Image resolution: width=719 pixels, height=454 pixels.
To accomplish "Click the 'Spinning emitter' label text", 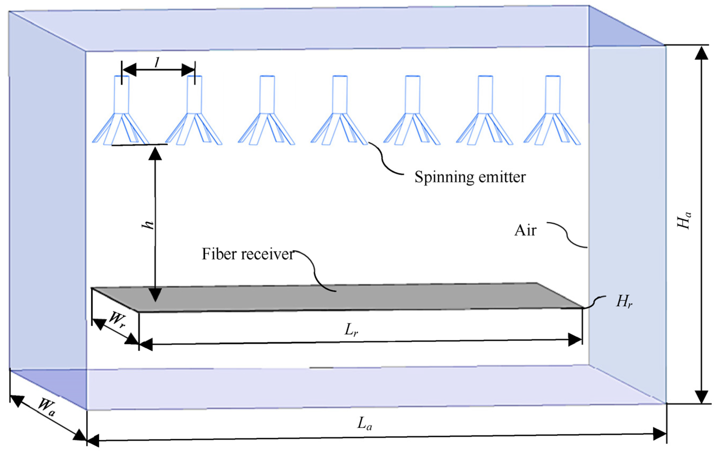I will pyautogui.click(x=470, y=177).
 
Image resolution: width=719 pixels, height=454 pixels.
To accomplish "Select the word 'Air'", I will pyautogui.click(x=525, y=230).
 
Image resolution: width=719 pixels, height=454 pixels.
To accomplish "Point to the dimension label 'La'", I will pyautogui.click(x=365, y=424).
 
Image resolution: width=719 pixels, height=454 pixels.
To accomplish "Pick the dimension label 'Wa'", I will pyautogui.click(x=47, y=407).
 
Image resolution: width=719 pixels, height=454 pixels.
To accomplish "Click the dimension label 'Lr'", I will pyautogui.click(x=351, y=330).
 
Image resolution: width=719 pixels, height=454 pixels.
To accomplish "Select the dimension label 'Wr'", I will pyautogui.click(x=116, y=320).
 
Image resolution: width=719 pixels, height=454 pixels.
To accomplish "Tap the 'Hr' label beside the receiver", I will pyautogui.click(x=624, y=302).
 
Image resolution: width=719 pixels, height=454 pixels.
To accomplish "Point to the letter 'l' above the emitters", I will pyautogui.click(x=157, y=62).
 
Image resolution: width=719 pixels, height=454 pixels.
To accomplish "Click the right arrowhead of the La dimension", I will pyautogui.click(x=659, y=434).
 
